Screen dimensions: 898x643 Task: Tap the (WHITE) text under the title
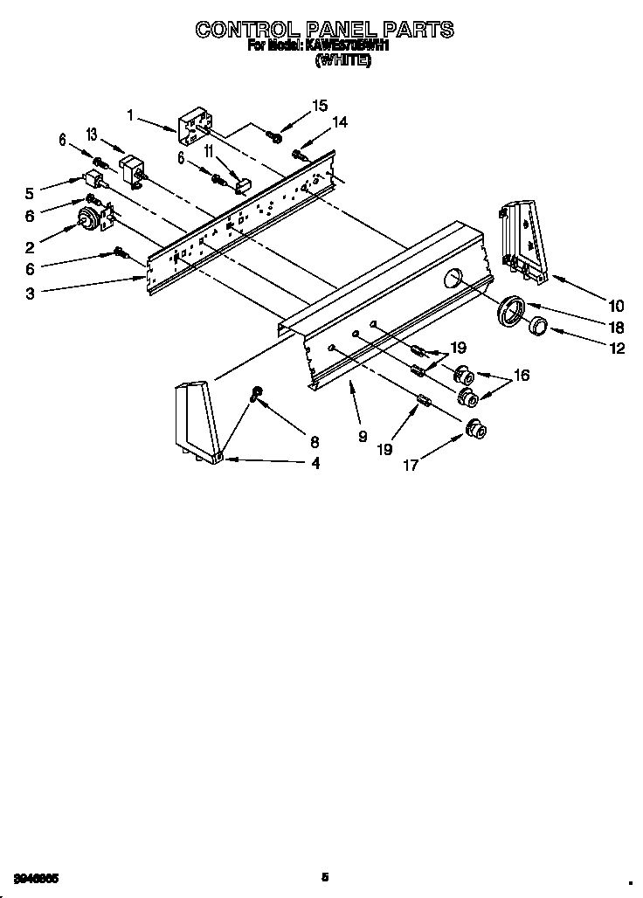point(342,60)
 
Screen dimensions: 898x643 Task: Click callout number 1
point(130,114)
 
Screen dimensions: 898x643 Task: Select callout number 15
point(320,106)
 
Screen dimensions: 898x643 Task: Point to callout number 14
point(339,123)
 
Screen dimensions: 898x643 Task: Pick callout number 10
point(616,305)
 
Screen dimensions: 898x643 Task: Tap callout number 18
point(616,327)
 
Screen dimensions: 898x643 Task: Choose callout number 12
point(616,348)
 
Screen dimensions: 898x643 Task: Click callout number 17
point(411,465)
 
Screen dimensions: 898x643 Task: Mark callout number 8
point(315,442)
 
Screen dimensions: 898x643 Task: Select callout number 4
point(315,464)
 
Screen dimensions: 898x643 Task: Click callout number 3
point(30,294)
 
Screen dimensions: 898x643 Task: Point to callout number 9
point(362,436)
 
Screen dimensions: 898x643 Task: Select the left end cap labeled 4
point(197,419)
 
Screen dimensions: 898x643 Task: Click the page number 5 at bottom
point(324,877)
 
